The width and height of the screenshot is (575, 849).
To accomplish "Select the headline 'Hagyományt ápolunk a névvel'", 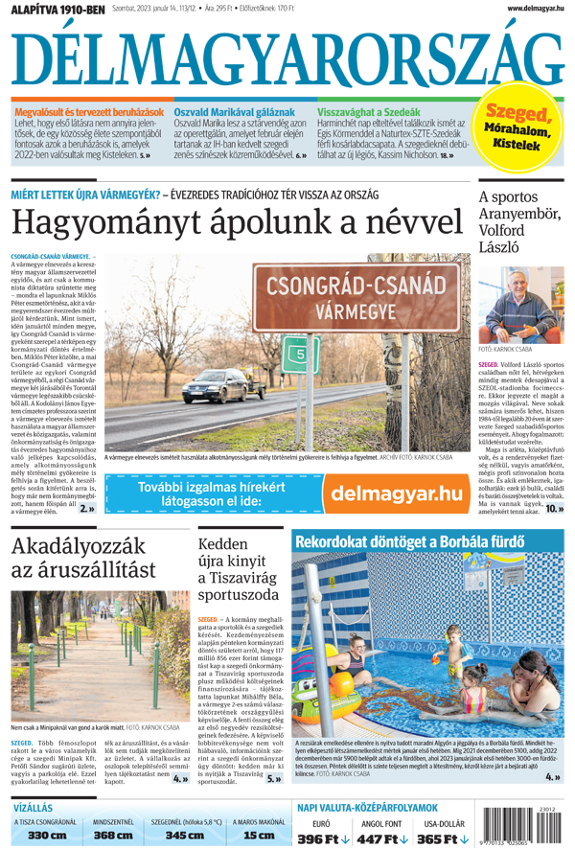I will pos(236,222).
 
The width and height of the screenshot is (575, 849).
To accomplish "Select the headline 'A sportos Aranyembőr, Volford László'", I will pos(520,222).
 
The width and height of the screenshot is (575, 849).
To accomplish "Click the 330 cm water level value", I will pos(46,836).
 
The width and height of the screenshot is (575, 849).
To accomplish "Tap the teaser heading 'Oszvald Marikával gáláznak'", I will pos(227,112).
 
